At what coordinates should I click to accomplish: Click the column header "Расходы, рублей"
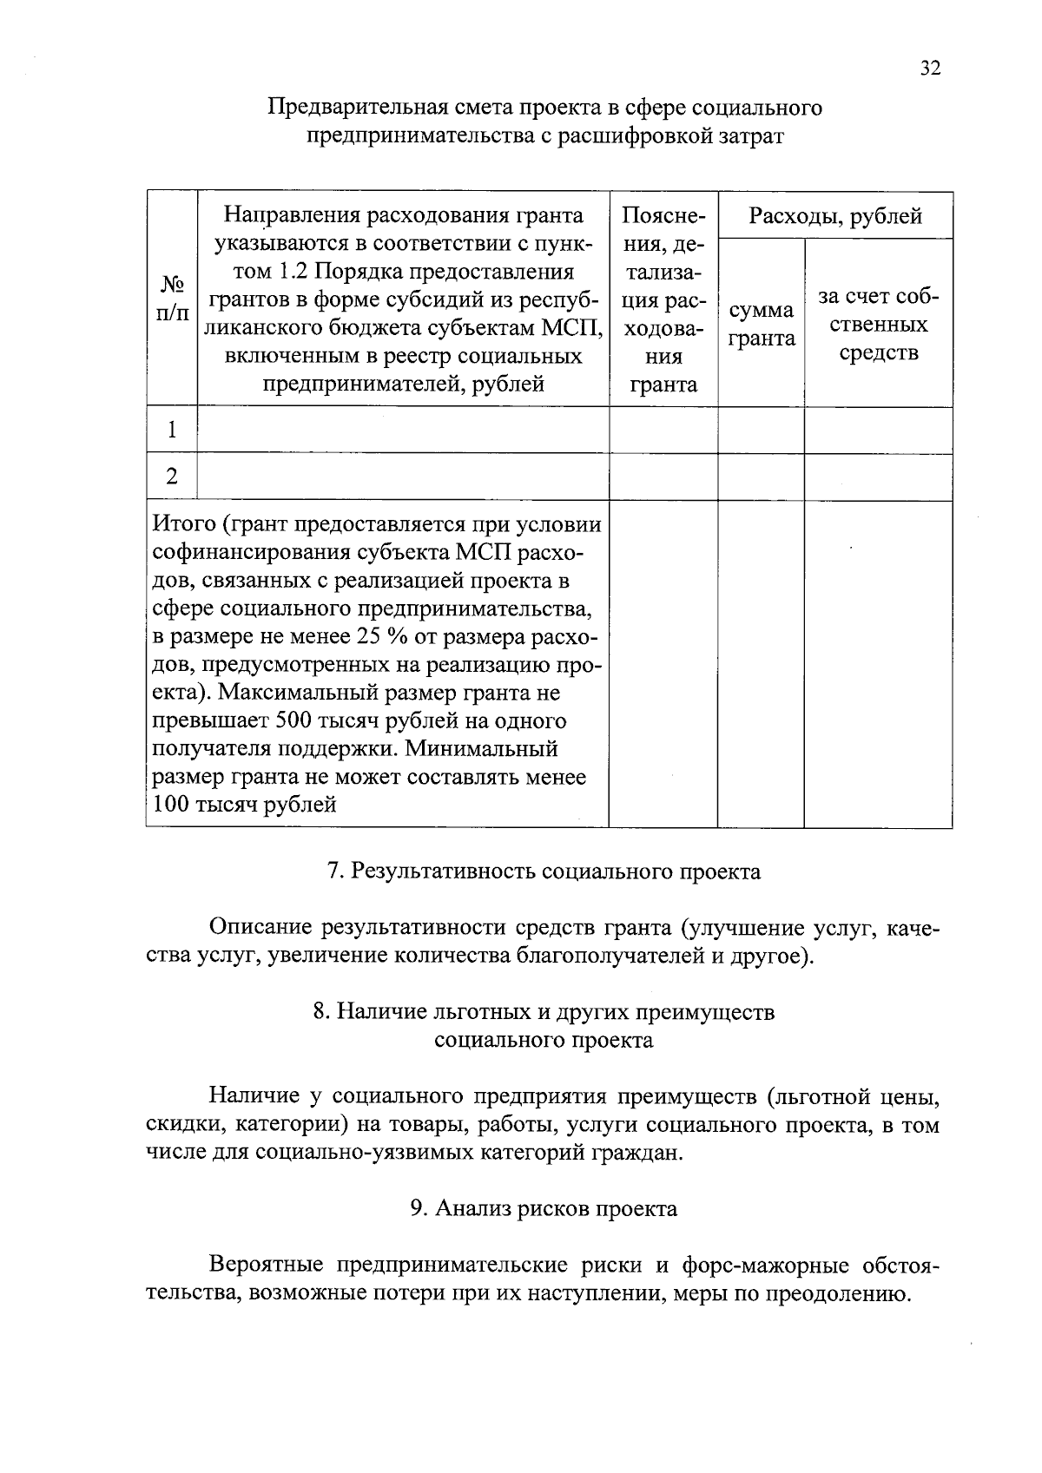835,215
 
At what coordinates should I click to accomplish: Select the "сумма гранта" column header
761,324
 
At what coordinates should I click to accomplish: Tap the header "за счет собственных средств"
878,324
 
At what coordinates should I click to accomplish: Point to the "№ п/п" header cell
172,299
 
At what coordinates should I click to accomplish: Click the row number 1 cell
172,430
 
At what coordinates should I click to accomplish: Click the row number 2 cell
172,477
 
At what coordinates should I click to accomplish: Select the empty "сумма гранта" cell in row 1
761,430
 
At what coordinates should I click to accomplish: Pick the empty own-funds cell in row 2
878,477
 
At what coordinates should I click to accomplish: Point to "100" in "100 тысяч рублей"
170,806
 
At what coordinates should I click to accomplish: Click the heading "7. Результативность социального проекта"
544,871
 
